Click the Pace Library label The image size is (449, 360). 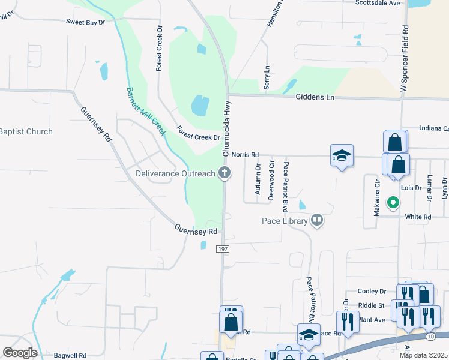284,221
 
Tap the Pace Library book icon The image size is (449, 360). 317,221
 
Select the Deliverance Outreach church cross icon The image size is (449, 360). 224,174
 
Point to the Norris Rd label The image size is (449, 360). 245,154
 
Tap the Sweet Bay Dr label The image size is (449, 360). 85,22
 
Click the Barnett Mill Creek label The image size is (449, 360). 145,112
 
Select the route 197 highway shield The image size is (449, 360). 223,248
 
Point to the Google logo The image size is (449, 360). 20,353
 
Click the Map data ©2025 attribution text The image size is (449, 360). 423,355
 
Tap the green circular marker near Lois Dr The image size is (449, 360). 393,203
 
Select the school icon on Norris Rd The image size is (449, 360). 342,155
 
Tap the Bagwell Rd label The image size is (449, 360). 70,355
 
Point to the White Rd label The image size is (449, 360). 418,217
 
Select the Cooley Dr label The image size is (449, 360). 372,291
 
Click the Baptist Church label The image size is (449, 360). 26,131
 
